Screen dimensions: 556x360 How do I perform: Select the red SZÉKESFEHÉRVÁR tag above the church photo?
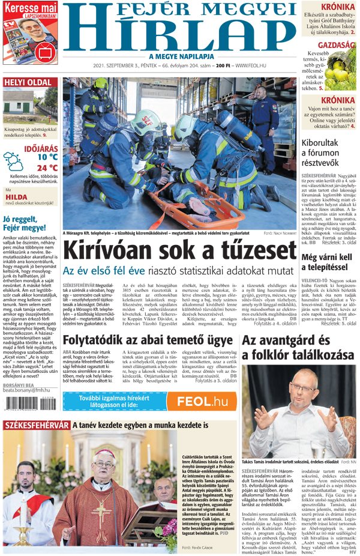coord(36,425)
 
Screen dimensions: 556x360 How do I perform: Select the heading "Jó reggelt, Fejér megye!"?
coord(24,223)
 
